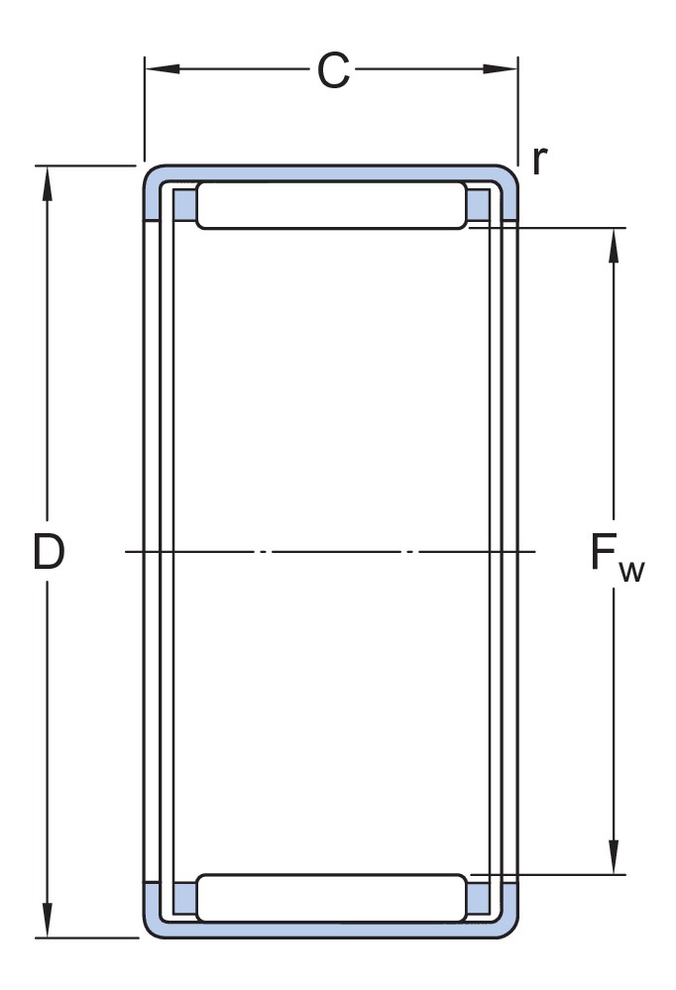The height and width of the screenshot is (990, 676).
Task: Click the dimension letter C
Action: click(x=333, y=70)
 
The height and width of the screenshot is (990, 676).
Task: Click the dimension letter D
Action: click(x=49, y=551)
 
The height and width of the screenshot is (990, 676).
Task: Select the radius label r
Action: click(x=539, y=161)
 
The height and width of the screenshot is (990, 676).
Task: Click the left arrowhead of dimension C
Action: click(x=163, y=68)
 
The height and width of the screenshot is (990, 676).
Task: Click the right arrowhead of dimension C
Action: click(x=501, y=68)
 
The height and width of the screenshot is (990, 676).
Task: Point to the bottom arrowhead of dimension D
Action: click(x=47, y=920)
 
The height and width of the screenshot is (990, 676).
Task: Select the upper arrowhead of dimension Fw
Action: click(x=613, y=245)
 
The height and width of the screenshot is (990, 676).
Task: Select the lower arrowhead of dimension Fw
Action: click(x=613, y=857)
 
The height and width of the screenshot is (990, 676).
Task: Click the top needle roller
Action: click(x=332, y=205)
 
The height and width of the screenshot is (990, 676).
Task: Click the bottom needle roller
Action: click(x=332, y=898)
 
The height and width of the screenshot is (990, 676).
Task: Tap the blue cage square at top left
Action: click(x=184, y=204)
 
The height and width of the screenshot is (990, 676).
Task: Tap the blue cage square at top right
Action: click(x=478, y=204)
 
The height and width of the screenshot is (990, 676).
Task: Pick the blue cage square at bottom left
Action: click(x=184, y=899)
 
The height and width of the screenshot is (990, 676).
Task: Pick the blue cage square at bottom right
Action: click(x=478, y=899)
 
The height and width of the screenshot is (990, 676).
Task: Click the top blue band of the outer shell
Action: click(x=331, y=173)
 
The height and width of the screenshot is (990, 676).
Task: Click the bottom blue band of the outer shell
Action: click(x=331, y=930)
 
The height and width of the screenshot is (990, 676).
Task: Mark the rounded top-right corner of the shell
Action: click(x=509, y=174)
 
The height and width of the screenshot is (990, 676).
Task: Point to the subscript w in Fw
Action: click(x=631, y=572)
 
